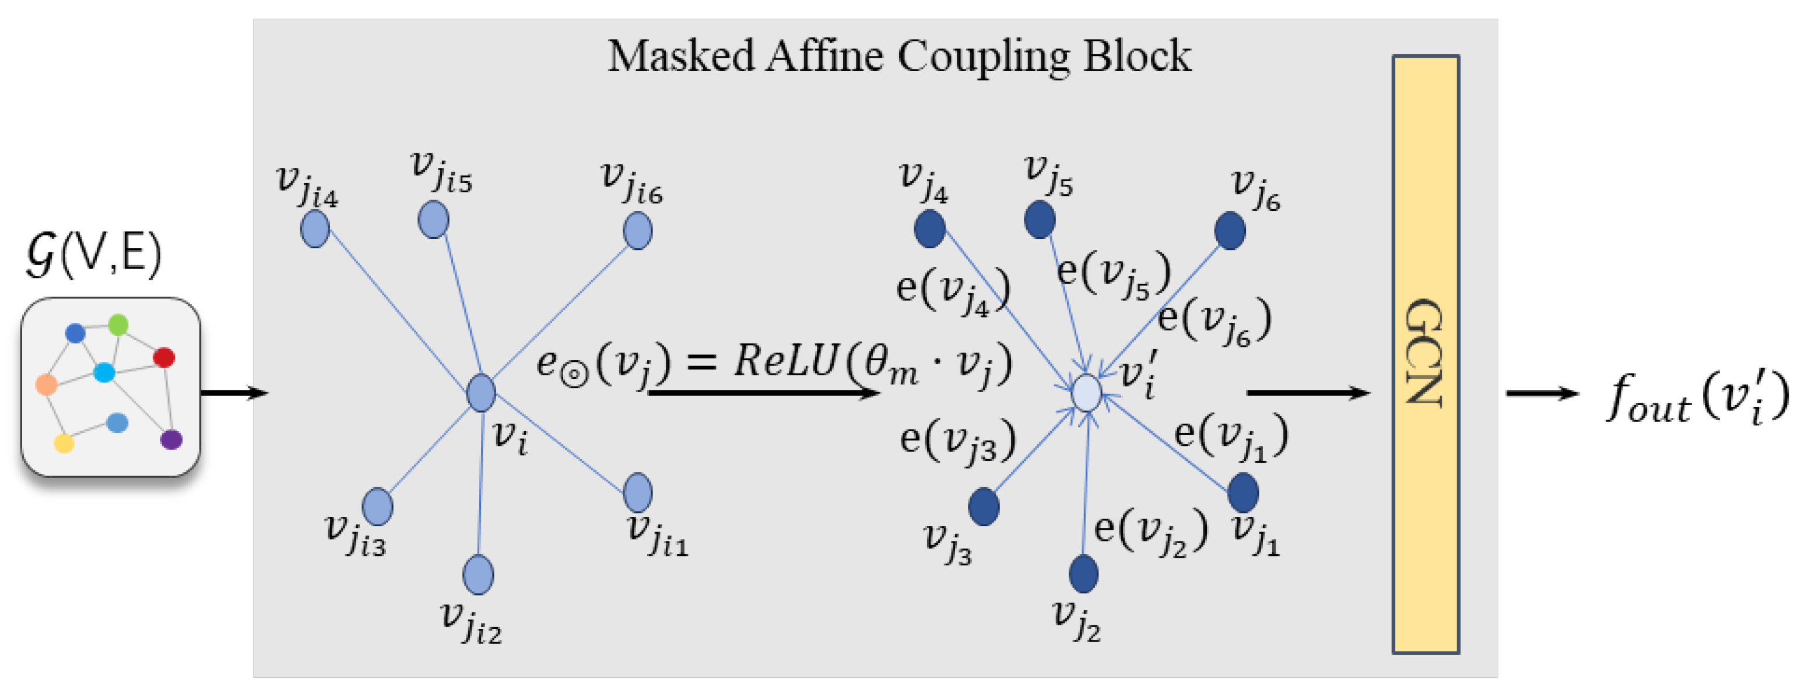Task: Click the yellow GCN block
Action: click(x=1426, y=354)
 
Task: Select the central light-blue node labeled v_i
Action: click(x=481, y=392)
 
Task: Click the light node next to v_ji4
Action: click(x=315, y=228)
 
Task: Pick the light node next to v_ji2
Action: click(x=478, y=575)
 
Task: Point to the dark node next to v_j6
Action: click(x=1230, y=231)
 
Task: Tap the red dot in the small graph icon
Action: click(x=164, y=357)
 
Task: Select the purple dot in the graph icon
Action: click(x=171, y=440)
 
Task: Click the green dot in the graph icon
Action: click(x=118, y=325)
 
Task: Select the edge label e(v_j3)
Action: click(x=956, y=441)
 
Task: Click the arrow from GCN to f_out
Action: click(x=1541, y=393)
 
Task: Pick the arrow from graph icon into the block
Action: click(x=234, y=393)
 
